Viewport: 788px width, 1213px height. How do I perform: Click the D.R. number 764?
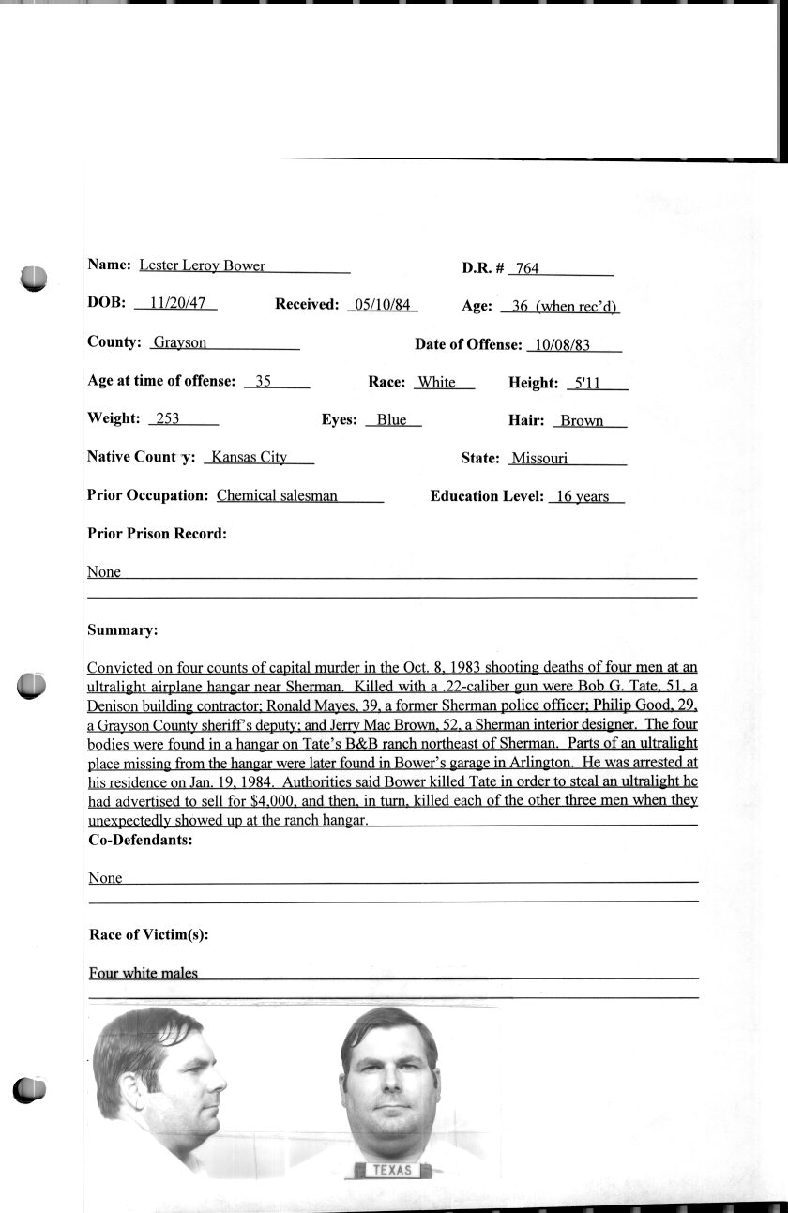tap(527, 268)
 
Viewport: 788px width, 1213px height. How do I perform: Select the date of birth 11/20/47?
tap(176, 304)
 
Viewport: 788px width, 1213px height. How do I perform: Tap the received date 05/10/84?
tap(381, 304)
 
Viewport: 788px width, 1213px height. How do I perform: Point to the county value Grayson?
tap(180, 342)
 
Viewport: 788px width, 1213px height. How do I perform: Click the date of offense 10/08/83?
tap(559, 344)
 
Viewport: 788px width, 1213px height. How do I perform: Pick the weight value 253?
tap(168, 418)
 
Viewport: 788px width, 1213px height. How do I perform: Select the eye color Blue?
tap(391, 419)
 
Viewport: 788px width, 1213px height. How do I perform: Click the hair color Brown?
tap(582, 420)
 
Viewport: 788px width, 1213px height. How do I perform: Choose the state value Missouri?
tap(539, 459)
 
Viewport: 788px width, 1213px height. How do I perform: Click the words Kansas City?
tap(249, 457)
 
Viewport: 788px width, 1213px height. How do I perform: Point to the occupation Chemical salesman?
tap(277, 495)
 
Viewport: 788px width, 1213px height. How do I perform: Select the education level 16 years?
tap(583, 496)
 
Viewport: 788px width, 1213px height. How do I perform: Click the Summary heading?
tap(122, 629)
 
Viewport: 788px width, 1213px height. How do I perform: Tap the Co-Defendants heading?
tap(140, 840)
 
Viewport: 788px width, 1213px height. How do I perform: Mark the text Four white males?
tap(144, 973)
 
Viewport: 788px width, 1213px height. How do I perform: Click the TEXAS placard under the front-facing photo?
tap(392, 1170)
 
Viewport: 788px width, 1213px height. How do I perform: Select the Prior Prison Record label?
tap(157, 534)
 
